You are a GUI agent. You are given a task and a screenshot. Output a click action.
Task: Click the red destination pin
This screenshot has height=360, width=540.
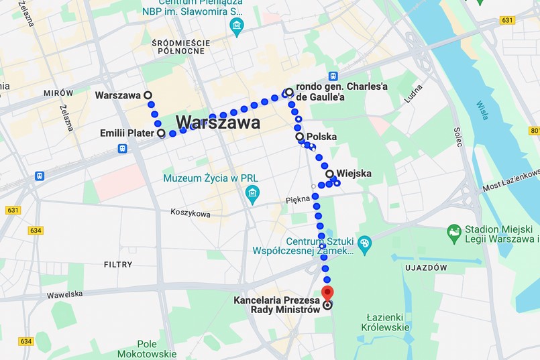[x=327, y=293]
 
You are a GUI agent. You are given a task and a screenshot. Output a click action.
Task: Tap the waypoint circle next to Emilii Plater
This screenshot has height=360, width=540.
[x=161, y=133]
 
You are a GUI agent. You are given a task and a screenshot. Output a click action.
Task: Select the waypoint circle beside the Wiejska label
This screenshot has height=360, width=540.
[x=329, y=174]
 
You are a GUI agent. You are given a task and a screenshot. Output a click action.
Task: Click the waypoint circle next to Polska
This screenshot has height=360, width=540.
[x=300, y=137]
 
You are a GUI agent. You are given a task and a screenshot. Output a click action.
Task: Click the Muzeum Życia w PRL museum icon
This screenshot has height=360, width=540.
[x=253, y=195]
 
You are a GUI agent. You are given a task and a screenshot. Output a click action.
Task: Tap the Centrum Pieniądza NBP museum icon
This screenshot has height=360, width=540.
[x=236, y=27]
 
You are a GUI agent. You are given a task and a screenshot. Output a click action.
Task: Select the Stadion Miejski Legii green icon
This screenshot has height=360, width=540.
[x=454, y=233]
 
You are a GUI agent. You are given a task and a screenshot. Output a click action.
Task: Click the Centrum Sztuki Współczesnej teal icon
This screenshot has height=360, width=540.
[x=364, y=242]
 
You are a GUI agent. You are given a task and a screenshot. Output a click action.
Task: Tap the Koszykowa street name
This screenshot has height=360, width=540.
[x=190, y=214]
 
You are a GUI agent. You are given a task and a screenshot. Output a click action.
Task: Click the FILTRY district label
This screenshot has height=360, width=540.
[x=118, y=265]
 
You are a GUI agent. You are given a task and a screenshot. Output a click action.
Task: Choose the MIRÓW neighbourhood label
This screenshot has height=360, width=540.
[x=58, y=93]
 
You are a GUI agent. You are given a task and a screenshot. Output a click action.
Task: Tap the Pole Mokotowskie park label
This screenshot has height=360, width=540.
[x=146, y=348]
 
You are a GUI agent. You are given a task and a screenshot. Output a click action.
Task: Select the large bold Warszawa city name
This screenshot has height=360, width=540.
[x=218, y=123]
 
